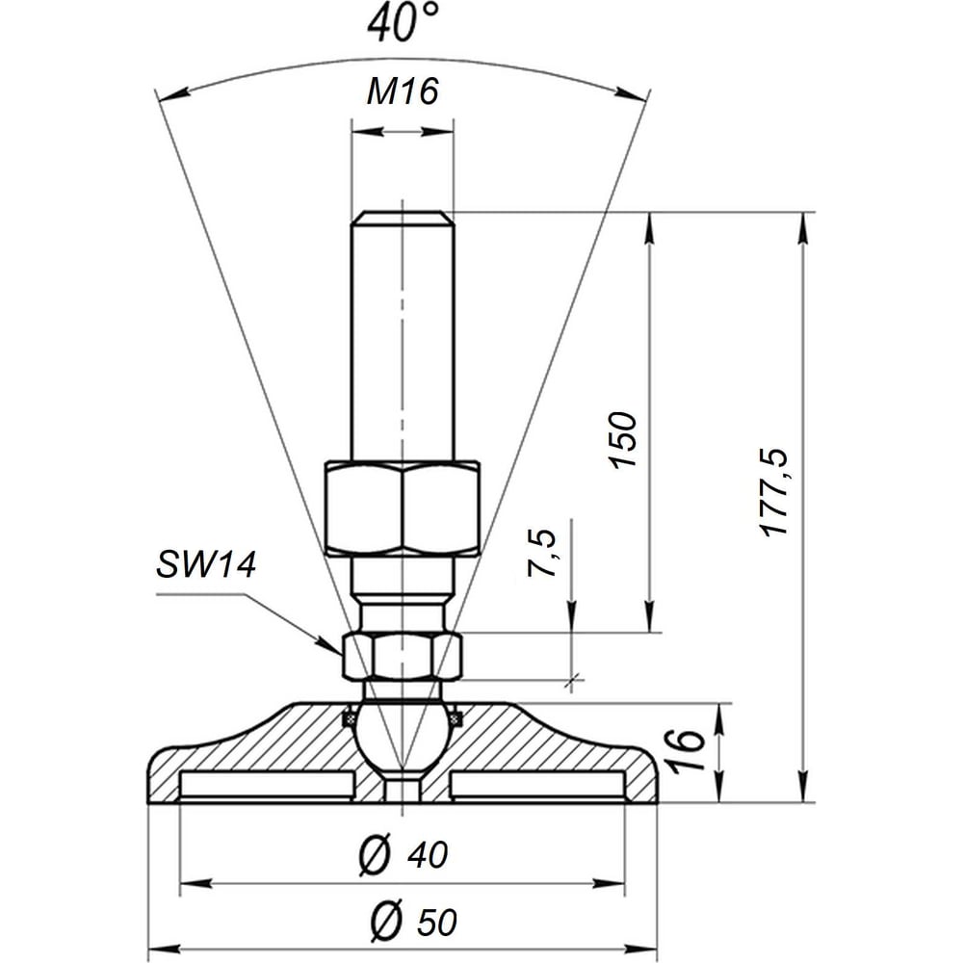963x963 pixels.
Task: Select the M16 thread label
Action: [403, 92]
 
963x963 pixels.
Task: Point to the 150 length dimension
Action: [623, 440]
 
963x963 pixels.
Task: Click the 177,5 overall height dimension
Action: [775, 492]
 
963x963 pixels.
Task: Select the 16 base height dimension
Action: [687, 750]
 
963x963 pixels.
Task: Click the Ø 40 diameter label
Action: [403, 854]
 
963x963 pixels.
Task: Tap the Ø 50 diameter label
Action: [413, 922]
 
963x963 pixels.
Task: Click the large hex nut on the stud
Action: [403, 508]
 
